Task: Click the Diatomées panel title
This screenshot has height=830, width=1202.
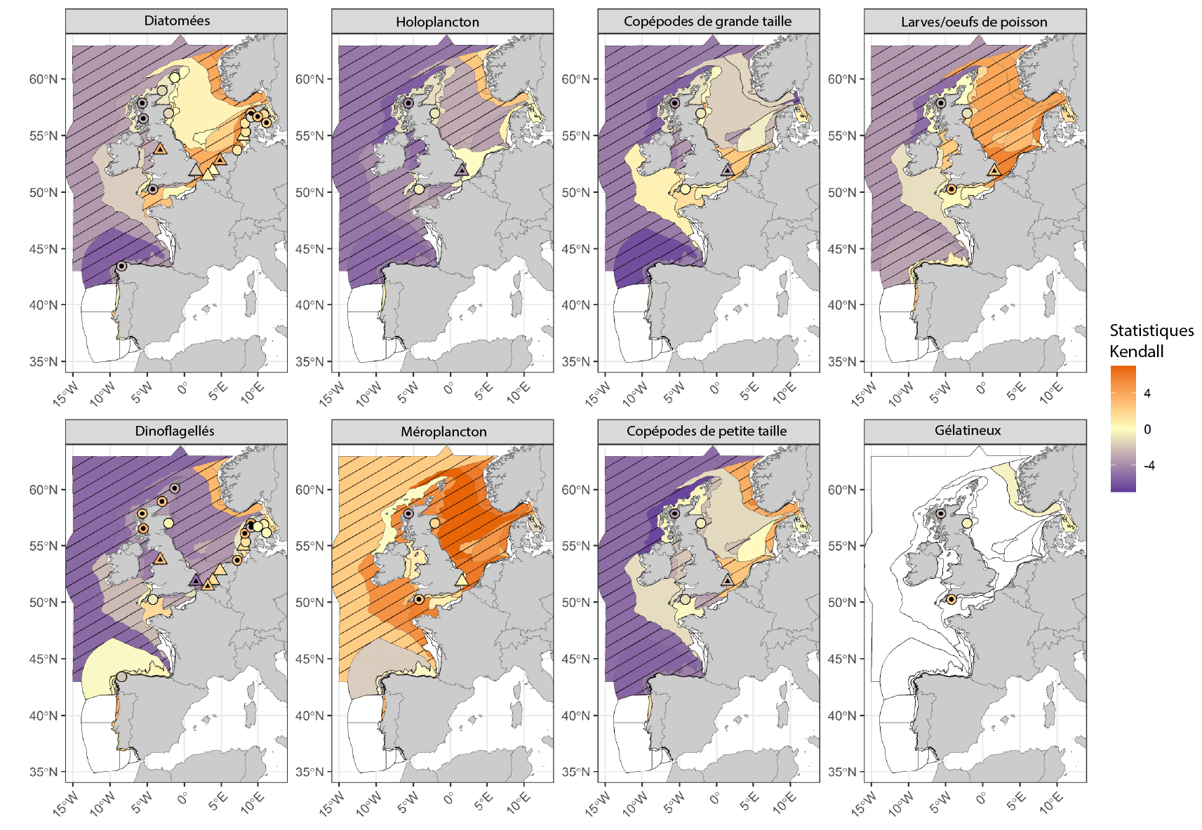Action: pyautogui.click(x=177, y=21)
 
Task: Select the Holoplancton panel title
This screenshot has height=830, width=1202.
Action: pyautogui.click(x=437, y=22)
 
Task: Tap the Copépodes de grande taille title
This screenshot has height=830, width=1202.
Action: pyautogui.click(x=707, y=22)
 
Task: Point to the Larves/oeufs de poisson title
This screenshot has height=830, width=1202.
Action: pyautogui.click(x=974, y=22)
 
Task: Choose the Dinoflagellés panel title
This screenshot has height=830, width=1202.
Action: pyautogui.click(x=175, y=431)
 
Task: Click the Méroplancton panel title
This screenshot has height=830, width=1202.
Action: pyautogui.click(x=443, y=431)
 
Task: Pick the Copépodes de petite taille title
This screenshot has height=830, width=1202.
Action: pyautogui.click(x=707, y=431)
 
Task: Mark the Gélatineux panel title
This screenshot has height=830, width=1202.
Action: pyautogui.click(x=968, y=431)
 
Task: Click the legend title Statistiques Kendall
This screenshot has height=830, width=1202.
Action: pyautogui.click(x=1151, y=340)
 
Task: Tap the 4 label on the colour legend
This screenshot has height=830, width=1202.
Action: pyautogui.click(x=1147, y=394)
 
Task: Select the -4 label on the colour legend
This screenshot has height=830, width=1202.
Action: pyautogui.click(x=1149, y=465)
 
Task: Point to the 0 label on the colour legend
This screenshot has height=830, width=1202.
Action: pyautogui.click(x=1147, y=429)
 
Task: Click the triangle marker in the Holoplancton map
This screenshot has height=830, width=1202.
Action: pyautogui.click(x=461, y=170)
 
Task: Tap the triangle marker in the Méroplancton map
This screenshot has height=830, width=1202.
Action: pyautogui.click(x=461, y=580)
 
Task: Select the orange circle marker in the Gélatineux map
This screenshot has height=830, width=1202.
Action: pyautogui.click(x=951, y=599)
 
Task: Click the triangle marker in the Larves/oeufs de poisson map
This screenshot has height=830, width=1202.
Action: pyautogui.click(x=994, y=170)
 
